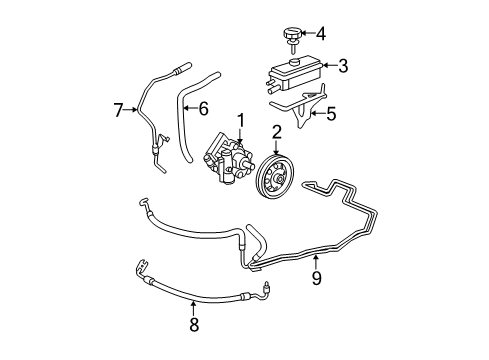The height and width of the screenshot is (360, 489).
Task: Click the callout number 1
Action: [240, 121]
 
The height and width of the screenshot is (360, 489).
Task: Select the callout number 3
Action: [342, 67]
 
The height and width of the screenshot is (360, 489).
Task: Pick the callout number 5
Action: [332, 114]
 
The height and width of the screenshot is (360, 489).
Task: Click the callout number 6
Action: [203, 107]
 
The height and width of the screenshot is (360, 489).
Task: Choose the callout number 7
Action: [117, 108]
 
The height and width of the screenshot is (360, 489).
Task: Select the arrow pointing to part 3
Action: [325, 67]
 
